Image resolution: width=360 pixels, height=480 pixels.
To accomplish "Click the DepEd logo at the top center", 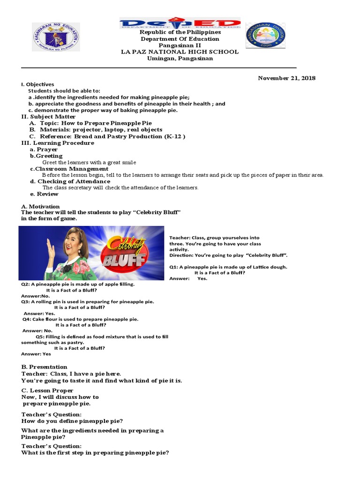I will tap(180, 23).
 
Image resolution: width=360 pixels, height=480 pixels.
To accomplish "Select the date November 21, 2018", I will tap(286, 78).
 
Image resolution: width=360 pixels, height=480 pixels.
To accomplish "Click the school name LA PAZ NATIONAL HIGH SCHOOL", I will tap(180, 52).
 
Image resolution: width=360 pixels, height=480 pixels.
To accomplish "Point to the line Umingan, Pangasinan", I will tap(180, 59).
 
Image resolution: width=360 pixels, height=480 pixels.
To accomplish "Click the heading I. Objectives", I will tap(37, 84).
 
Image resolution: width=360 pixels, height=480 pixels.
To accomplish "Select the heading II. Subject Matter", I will tap(48, 117).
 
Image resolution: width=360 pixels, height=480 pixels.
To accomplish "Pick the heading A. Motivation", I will tap(41, 206).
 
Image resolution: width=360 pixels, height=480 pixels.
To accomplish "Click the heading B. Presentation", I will tap(44, 367).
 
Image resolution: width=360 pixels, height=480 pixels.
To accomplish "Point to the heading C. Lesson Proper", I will tap(47, 390).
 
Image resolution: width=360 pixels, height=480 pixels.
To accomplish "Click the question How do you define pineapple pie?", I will tap(72, 421).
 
